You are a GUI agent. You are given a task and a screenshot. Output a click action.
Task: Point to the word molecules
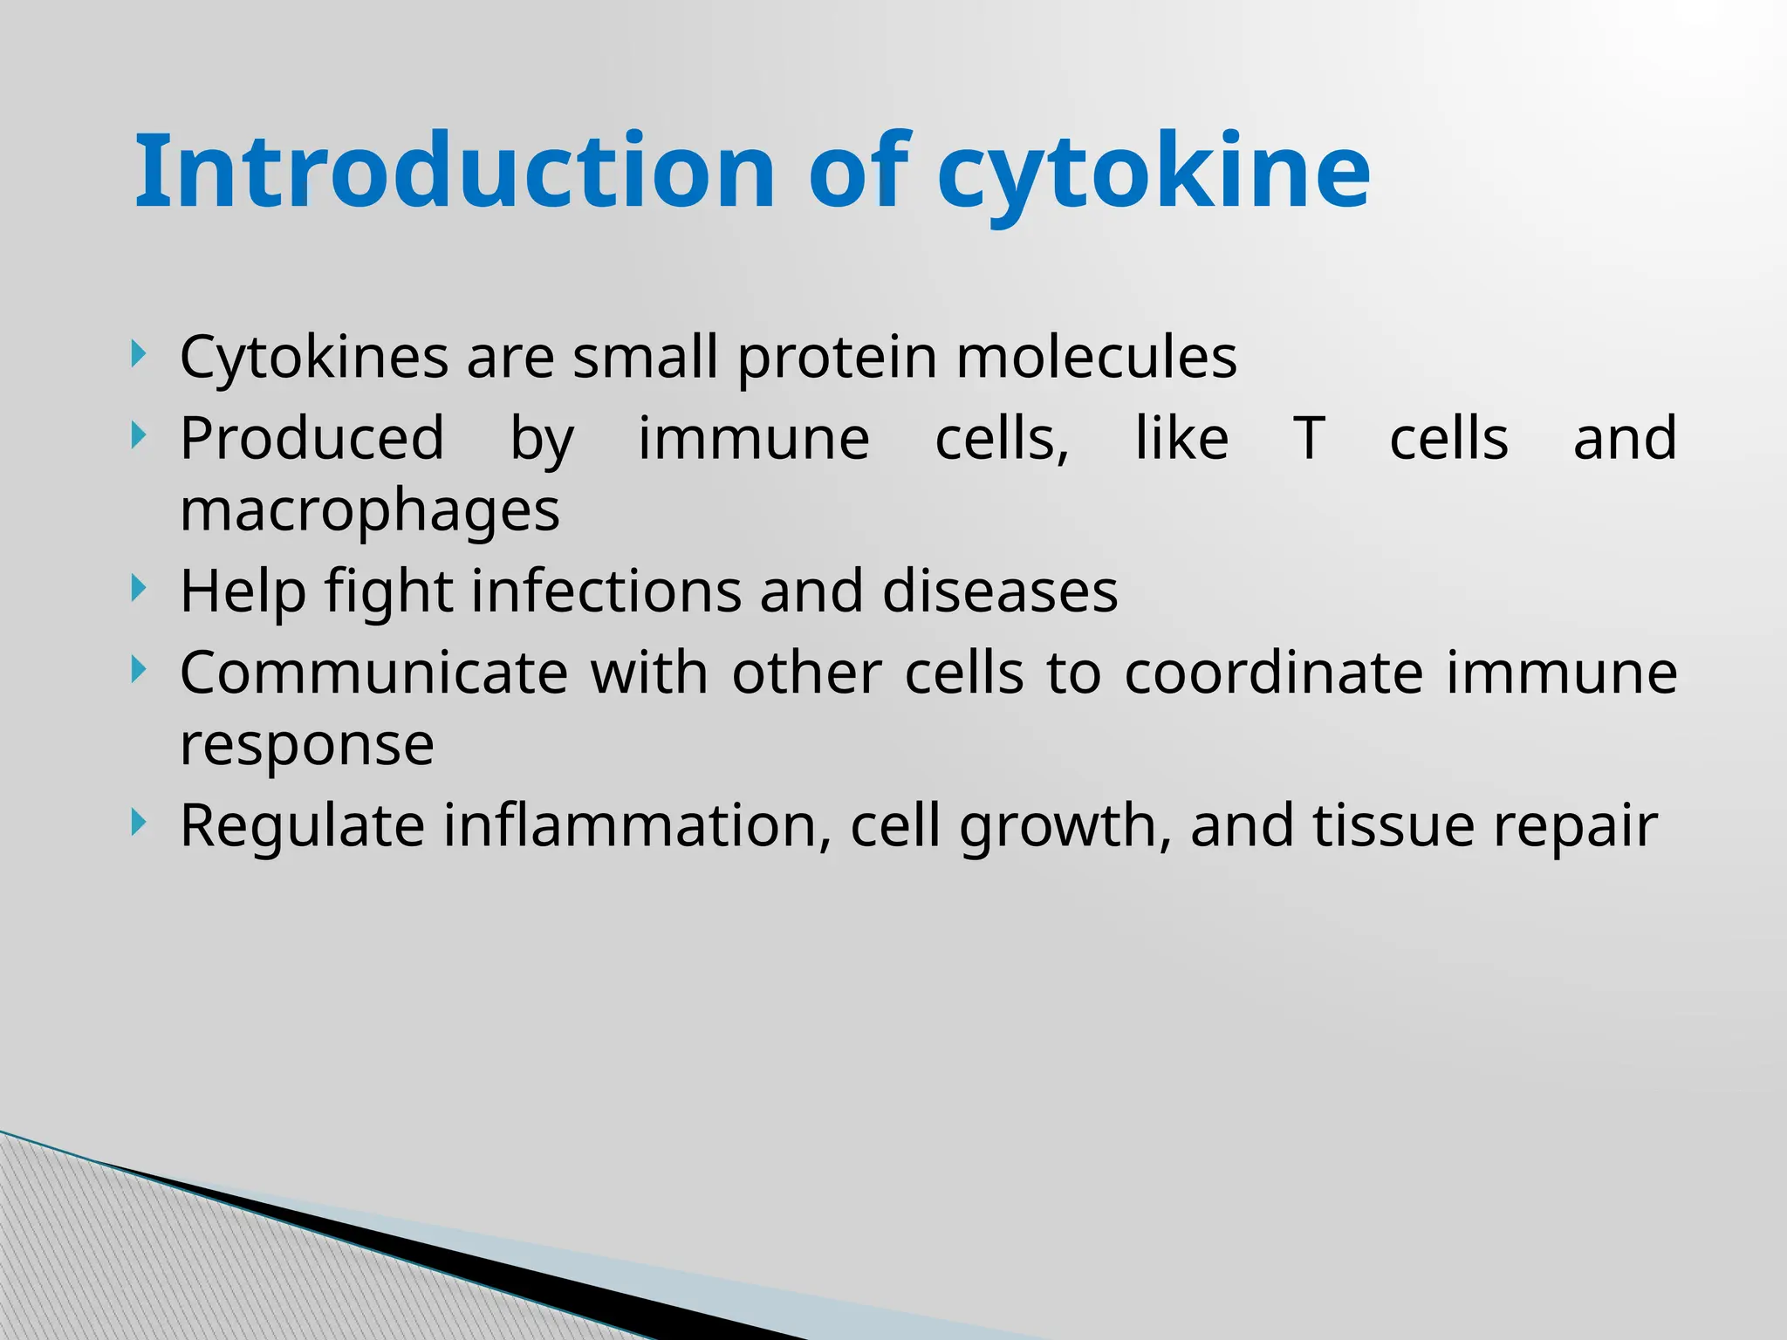(x=1096, y=358)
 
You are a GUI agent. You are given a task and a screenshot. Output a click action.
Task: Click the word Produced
(x=312, y=439)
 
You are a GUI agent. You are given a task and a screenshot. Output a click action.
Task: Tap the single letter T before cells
(x=1309, y=439)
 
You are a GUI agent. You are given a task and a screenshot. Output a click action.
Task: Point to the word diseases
(x=999, y=591)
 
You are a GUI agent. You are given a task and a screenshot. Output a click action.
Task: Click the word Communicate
(x=373, y=673)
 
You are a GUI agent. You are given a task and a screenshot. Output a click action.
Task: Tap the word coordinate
(x=1274, y=673)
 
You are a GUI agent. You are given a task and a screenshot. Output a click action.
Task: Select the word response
(x=306, y=747)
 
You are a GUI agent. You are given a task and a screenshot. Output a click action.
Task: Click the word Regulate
(x=302, y=826)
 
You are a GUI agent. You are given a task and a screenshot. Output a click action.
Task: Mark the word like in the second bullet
(x=1181, y=439)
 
